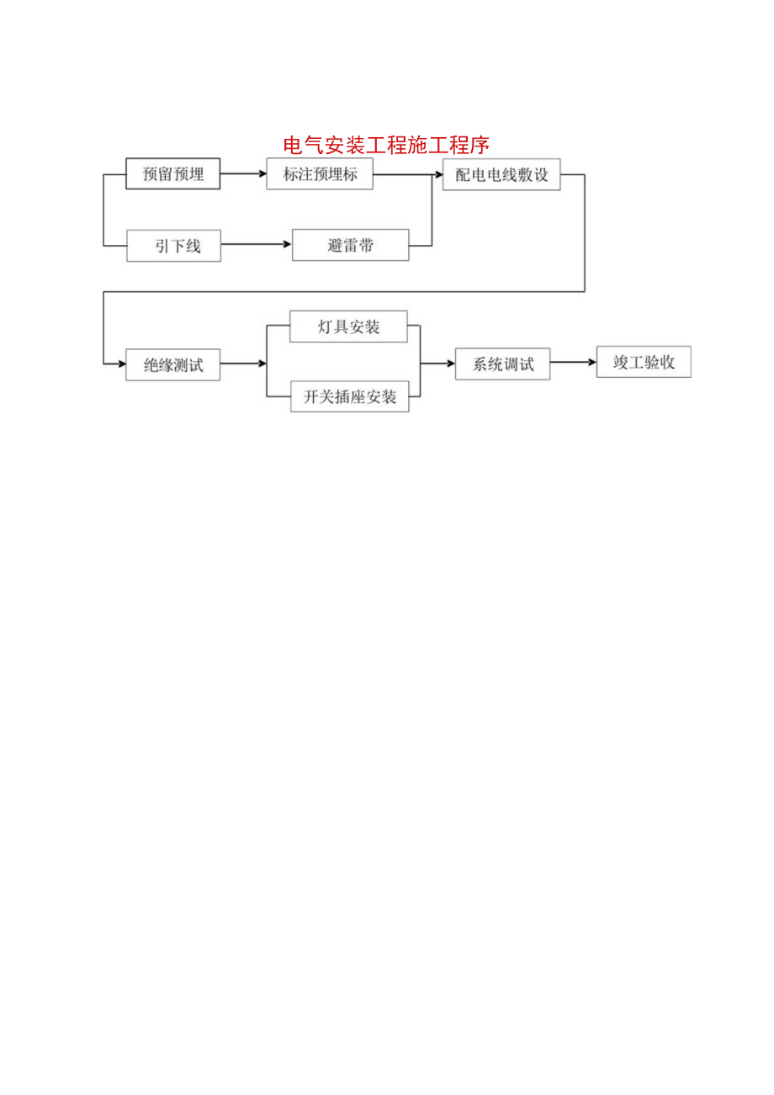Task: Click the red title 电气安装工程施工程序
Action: (x=386, y=146)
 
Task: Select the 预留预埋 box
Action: (x=173, y=174)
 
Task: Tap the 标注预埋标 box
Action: (x=320, y=174)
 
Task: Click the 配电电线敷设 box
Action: (x=501, y=175)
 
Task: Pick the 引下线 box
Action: (x=173, y=246)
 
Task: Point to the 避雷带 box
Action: (x=351, y=245)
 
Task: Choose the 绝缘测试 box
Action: (x=173, y=364)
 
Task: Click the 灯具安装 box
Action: (x=348, y=327)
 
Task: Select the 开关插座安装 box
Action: (x=350, y=396)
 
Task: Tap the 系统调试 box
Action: (x=503, y=364)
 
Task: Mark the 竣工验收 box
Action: (x=644, y=362)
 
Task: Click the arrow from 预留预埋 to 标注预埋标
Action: (x=243, y=174)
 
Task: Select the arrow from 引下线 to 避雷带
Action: (x=257, y=245)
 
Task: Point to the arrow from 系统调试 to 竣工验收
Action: (x=573, y=363)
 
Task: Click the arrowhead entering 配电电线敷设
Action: (x=438, y=175)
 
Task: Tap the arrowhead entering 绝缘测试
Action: (x=121, y=364)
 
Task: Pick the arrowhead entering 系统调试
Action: (x=450, y=364)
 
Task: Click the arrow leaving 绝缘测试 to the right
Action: (x=243, y=364)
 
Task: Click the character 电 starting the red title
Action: (x=293, y=146)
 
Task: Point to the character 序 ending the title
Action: (x=480, y=146)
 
